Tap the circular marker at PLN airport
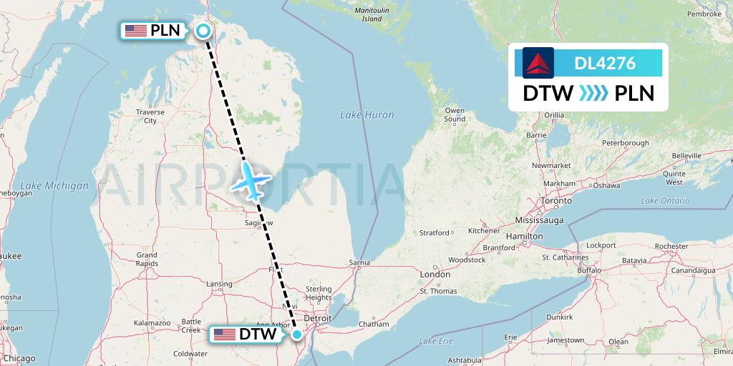point(203,31)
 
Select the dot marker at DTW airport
point(297,334)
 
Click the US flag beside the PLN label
point(135,31)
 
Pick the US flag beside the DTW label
point(224,335)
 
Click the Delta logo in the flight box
point(538,63)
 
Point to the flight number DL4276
point(605,63)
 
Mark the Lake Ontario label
point(666,201)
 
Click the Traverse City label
point(150,117)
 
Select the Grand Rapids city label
point(146,259)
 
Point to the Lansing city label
point(219,284)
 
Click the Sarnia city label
point(359,262)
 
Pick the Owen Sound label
point(455,115)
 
